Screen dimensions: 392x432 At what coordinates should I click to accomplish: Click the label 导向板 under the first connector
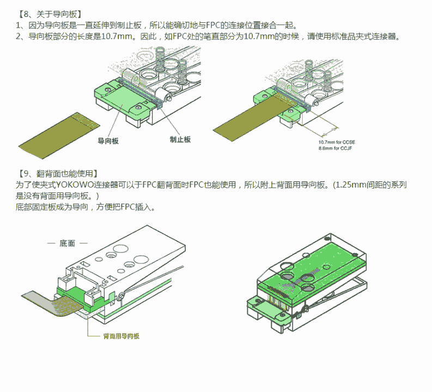(108, 140)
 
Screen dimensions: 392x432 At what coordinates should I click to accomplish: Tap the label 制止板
(180, 140)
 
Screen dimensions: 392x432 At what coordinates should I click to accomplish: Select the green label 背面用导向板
(121, 336)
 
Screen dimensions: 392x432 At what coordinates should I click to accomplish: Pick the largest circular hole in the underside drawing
(112, 254)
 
